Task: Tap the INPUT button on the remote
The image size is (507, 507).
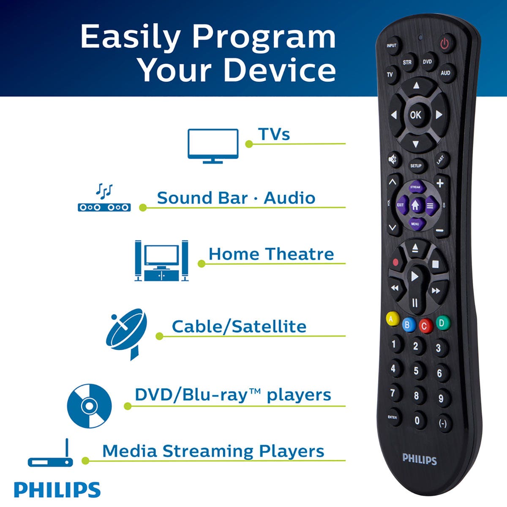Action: coord(392,46)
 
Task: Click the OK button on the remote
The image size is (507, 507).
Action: coord(416,114)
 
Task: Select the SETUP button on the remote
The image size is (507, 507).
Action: coord(416,166)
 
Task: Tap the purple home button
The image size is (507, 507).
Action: coord(415,205)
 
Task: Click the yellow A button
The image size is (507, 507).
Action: coord(392,319)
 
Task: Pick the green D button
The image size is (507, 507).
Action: coord(442,323)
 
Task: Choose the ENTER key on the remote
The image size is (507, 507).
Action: coord(393,417)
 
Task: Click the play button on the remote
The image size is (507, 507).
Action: coord(414,276)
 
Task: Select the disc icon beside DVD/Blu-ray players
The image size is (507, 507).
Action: coord(90,406)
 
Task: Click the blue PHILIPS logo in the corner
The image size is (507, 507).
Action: coord(57,490)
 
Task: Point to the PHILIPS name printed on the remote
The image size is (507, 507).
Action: coord(419,459)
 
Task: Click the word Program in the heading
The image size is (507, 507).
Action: coord(264,37)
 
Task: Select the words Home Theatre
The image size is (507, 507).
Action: coord(271,254)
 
